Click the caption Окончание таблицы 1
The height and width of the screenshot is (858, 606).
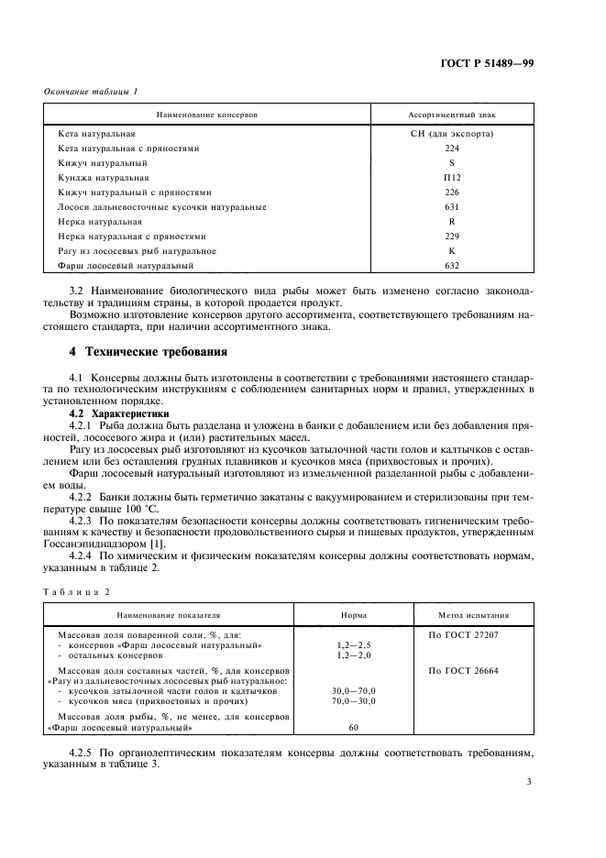(91, 93)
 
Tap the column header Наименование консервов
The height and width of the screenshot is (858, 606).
(208, 115)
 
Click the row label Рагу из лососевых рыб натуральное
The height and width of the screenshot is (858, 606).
(137, 251)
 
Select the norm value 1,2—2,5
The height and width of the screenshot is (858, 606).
(354, 645)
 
